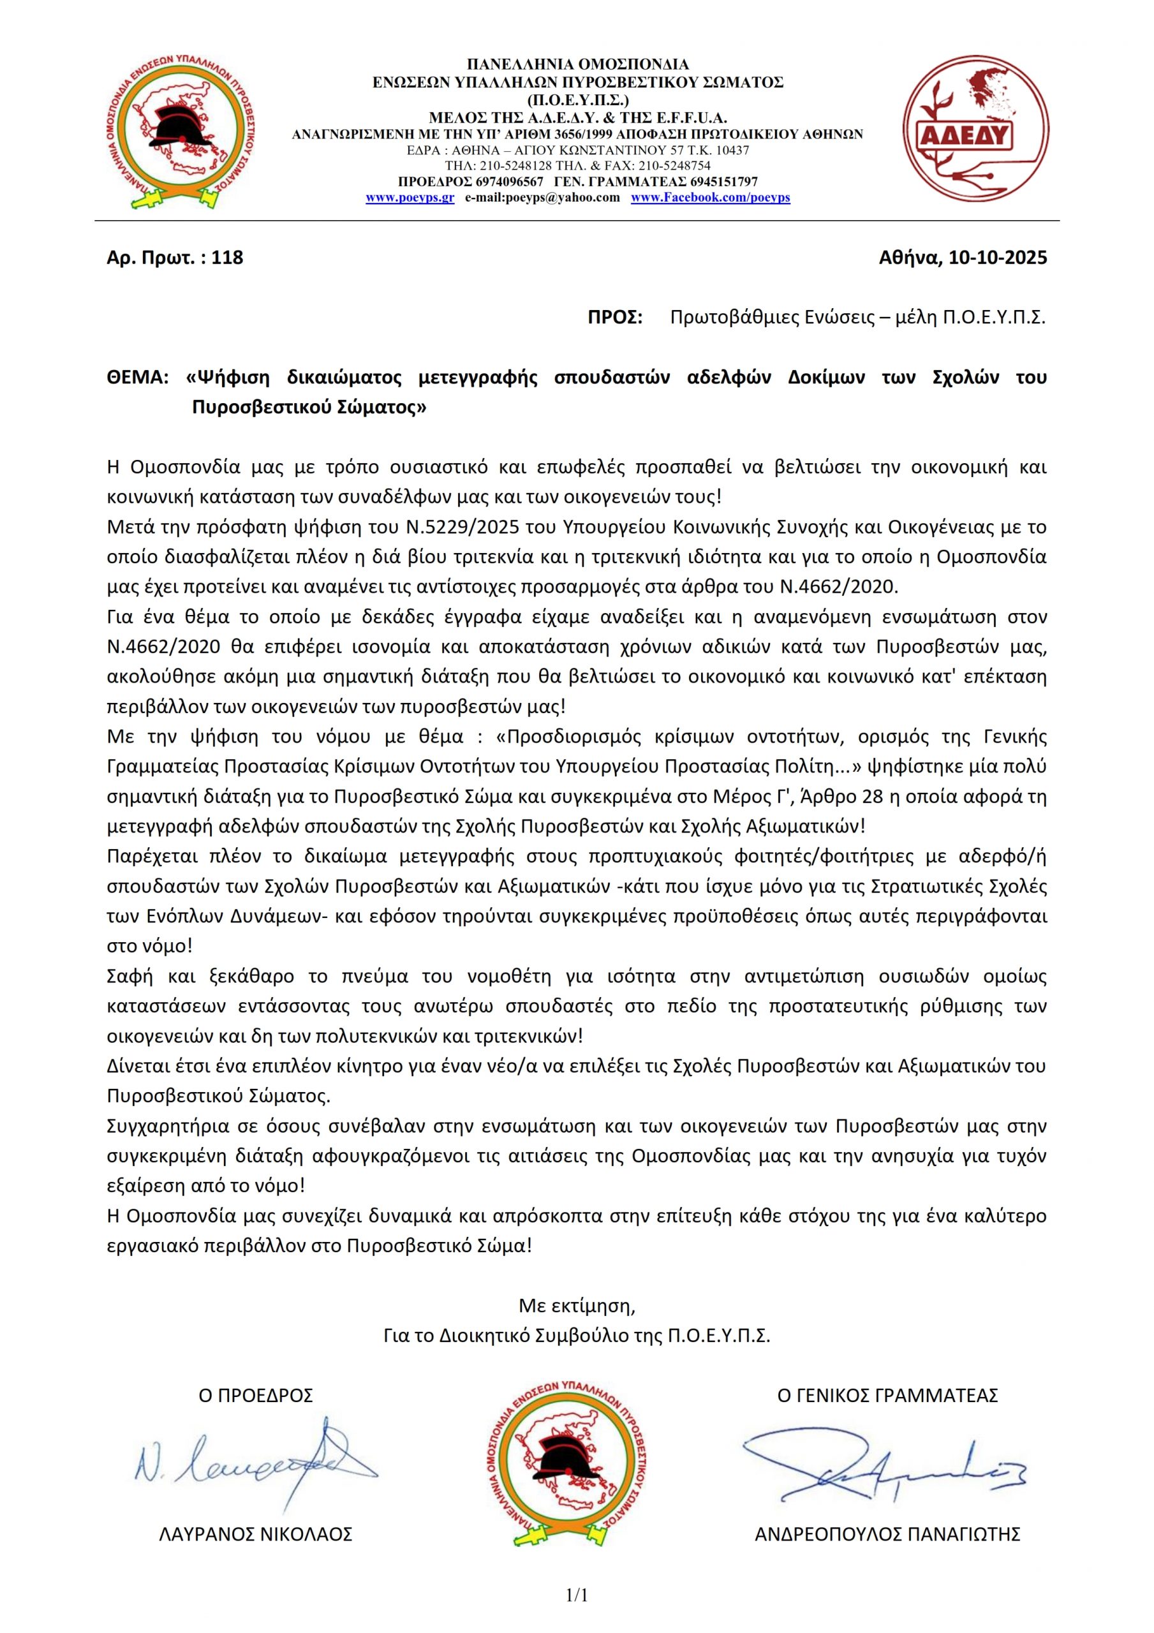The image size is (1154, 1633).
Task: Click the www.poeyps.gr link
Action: [410, 198]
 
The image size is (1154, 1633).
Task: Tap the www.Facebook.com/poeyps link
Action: [710, 198]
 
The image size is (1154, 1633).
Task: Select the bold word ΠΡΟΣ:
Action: [615, 317]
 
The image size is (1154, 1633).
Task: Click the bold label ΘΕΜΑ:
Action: [137, 377]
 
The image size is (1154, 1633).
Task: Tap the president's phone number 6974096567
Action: [510, 182]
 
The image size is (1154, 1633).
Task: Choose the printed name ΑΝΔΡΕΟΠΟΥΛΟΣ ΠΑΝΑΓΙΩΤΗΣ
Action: [887, 1534]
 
